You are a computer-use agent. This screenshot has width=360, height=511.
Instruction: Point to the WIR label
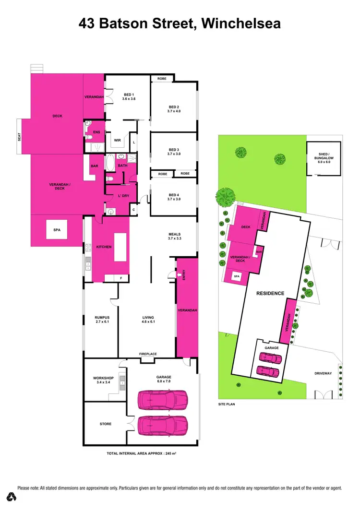coord(117,141)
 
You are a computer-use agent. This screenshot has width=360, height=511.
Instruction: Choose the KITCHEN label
coord(104,247)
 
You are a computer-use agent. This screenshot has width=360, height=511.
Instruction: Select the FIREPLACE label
coord(148,354)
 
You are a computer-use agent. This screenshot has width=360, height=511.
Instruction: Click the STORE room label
coord(106,424)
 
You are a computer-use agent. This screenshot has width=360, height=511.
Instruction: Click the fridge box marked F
coord(121,278)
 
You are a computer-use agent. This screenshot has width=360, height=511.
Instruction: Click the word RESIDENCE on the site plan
coord(270,293)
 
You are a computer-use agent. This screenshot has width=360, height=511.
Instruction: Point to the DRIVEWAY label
coord(324,373)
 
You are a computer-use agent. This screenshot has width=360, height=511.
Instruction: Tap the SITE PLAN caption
coord(227,404)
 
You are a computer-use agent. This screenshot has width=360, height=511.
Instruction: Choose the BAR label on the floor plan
coord(94,166)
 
